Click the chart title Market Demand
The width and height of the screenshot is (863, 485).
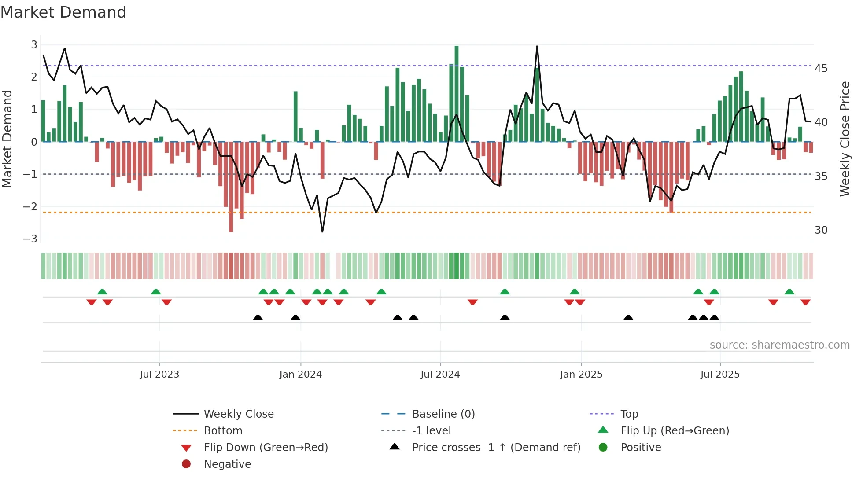point(63,12)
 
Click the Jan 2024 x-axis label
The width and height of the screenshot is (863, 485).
point(300,374)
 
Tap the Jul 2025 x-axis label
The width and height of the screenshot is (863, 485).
point(720,374)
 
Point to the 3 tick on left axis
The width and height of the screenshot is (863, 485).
point(34,44)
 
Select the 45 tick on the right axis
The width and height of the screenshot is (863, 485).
point(821,68)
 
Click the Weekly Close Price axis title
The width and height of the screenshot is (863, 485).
point(845,139)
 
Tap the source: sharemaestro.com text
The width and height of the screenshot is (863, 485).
point(779,345)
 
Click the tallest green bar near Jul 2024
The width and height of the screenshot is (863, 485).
point(457,93)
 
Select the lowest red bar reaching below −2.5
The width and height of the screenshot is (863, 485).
point(231,187)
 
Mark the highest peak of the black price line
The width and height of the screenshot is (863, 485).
point(537,46)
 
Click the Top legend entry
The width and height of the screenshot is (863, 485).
point(629,414)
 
